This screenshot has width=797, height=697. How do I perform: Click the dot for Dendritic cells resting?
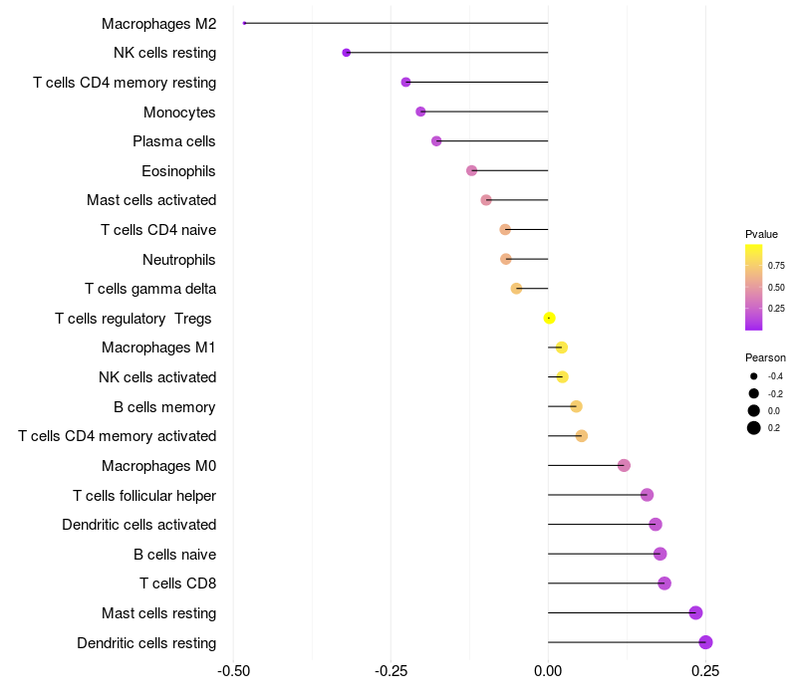tap(705, 642)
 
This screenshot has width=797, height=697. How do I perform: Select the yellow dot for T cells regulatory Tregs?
tap(549, 318)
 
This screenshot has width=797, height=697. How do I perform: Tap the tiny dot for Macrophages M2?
tap(244, 23)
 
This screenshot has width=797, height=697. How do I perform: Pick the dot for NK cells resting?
tap(346, 52)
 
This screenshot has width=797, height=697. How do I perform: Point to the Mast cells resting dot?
tap(695, 612)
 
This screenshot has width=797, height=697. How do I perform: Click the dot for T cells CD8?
tap(664, 583)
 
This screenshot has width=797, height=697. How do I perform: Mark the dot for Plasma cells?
tap(436, 140)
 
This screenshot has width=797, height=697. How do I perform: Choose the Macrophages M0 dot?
tap(624, 465)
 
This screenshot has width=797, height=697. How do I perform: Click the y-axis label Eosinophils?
tap(178, 171)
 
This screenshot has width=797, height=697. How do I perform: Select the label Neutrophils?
tap(179, 260)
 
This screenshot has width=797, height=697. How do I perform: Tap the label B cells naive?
tap(174, 555)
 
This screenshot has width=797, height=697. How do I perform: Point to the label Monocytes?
tap(179, 113)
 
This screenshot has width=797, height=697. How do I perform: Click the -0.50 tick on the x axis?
tap(233, 672)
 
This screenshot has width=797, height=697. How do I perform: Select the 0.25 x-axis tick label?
tap(705, 672)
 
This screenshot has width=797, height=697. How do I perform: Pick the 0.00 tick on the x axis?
tap(548, 672)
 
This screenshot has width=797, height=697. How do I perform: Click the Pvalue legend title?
tap(761, 234)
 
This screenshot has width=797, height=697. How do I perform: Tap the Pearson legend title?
tap(765, 357)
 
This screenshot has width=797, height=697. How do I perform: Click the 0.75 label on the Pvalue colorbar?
tap(775, 266)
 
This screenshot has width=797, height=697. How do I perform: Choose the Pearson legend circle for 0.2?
tap(754, 428)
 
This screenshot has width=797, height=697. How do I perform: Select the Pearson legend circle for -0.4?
tap(754, 376)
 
